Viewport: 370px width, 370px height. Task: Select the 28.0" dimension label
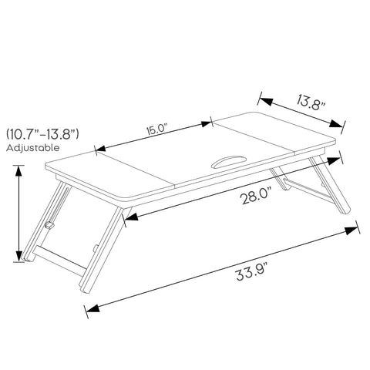[x=257, y=196]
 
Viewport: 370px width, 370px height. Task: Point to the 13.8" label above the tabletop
[x=311, y=103]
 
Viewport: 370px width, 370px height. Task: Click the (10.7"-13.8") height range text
[x=42, y=134]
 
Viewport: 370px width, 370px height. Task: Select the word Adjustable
[x=32, y=148]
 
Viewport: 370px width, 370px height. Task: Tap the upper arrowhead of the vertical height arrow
[x=18, y=171]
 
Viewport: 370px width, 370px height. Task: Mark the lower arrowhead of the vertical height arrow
[x=19, y=256]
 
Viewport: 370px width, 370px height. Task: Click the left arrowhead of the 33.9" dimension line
[x=93, y=308]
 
